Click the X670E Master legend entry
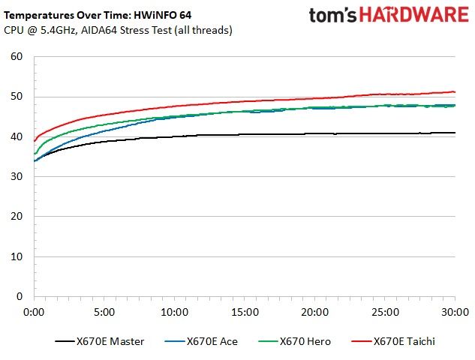pyautogui.click(x=100, y=341)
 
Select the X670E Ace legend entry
pyautogui.click(x=201, y=341)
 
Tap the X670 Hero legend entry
pyautogui.click(x=294, y=341)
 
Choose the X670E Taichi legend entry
pyautogui.click(x=393, y=341)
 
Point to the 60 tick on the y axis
pyautogui.click(x=17, y=56)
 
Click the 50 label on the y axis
pyautogui.click(x=17, y=97)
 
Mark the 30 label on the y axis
pyautogui.click(x=17, y=176)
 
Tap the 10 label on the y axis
pyautogui.click(x=17, y=256)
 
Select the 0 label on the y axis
pyautogui.click(x=20, y=296)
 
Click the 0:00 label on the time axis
pyautogui.click(x=34, y=312)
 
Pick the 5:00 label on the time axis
pyautogui.click(x=104, y=312)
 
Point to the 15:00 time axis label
pyautogui.click(x=245, y=312)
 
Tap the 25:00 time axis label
pyautogui.click(x=386, y=312)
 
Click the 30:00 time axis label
pyautogui.click(x=455, y=312)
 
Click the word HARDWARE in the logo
pyautogui.click(x=413, y=15)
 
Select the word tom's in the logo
pyautogui.click(x=332, y=16)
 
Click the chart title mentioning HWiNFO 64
pyautogui.click(x=98, y=15)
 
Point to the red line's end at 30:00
pyautogui.click(x=455, y=91)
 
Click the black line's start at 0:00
pyautogui.click(x=35, y=161)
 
